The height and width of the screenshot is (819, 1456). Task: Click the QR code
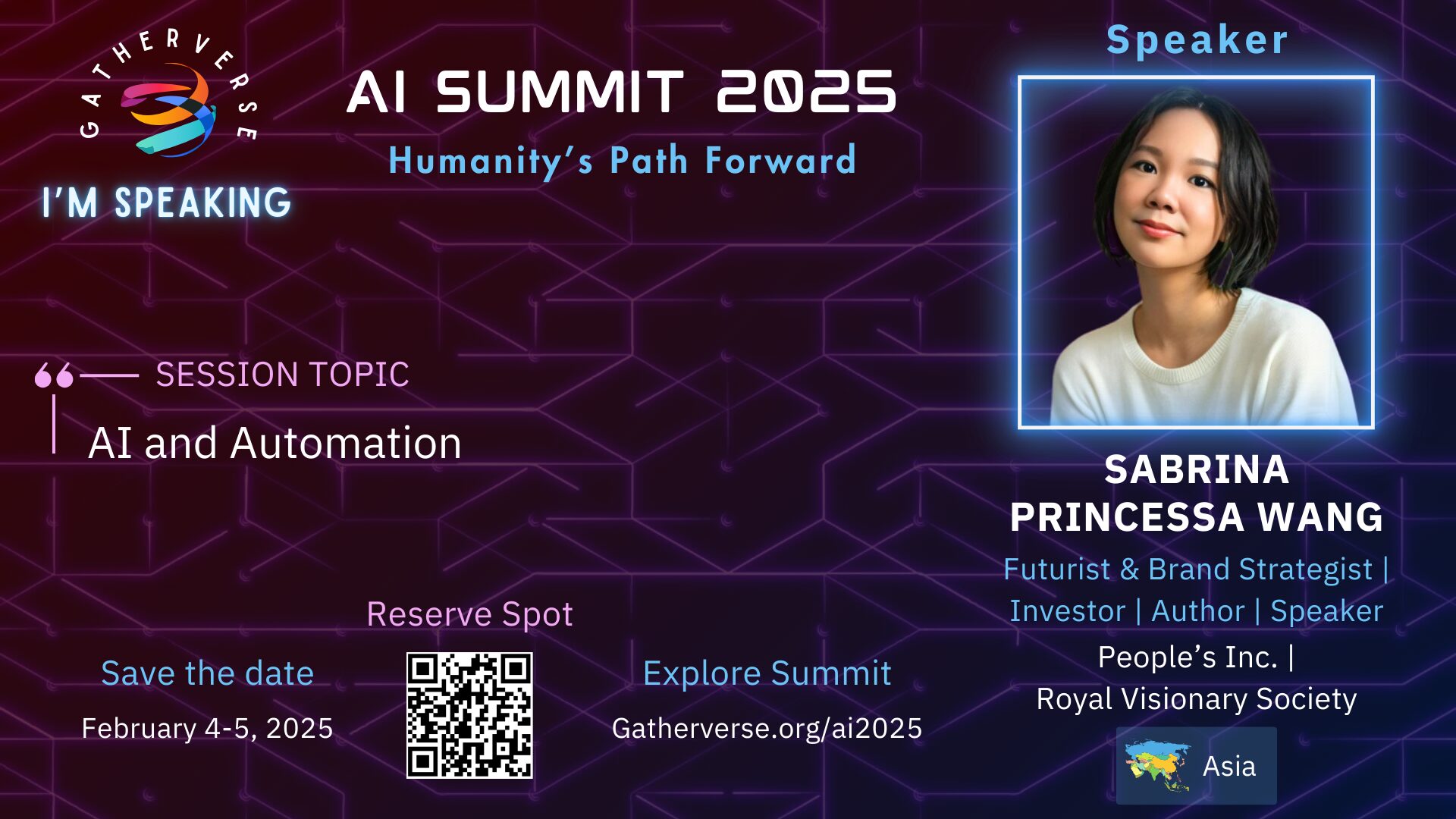469,715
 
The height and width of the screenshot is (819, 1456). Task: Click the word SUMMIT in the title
560,93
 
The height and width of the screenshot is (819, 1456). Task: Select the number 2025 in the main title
806,93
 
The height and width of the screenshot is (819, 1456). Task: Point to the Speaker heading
1197,39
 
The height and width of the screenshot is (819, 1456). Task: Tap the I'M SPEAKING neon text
167,202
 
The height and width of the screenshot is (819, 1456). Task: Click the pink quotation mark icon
54,375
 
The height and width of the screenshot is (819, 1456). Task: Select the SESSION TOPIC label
282,375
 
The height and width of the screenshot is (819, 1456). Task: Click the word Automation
346,443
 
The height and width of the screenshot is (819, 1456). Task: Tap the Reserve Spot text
469,614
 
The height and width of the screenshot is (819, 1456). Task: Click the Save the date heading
207,673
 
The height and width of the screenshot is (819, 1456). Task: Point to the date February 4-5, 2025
207,728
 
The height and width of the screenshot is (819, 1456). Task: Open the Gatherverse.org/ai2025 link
767,728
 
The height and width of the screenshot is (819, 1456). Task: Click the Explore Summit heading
767,673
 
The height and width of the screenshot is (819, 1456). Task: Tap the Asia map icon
1157,766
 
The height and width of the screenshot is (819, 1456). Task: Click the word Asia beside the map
1229,766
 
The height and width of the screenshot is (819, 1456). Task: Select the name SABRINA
1197,469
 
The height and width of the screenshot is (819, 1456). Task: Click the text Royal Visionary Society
1197,699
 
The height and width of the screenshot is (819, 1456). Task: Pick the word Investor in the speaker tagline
1068,611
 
